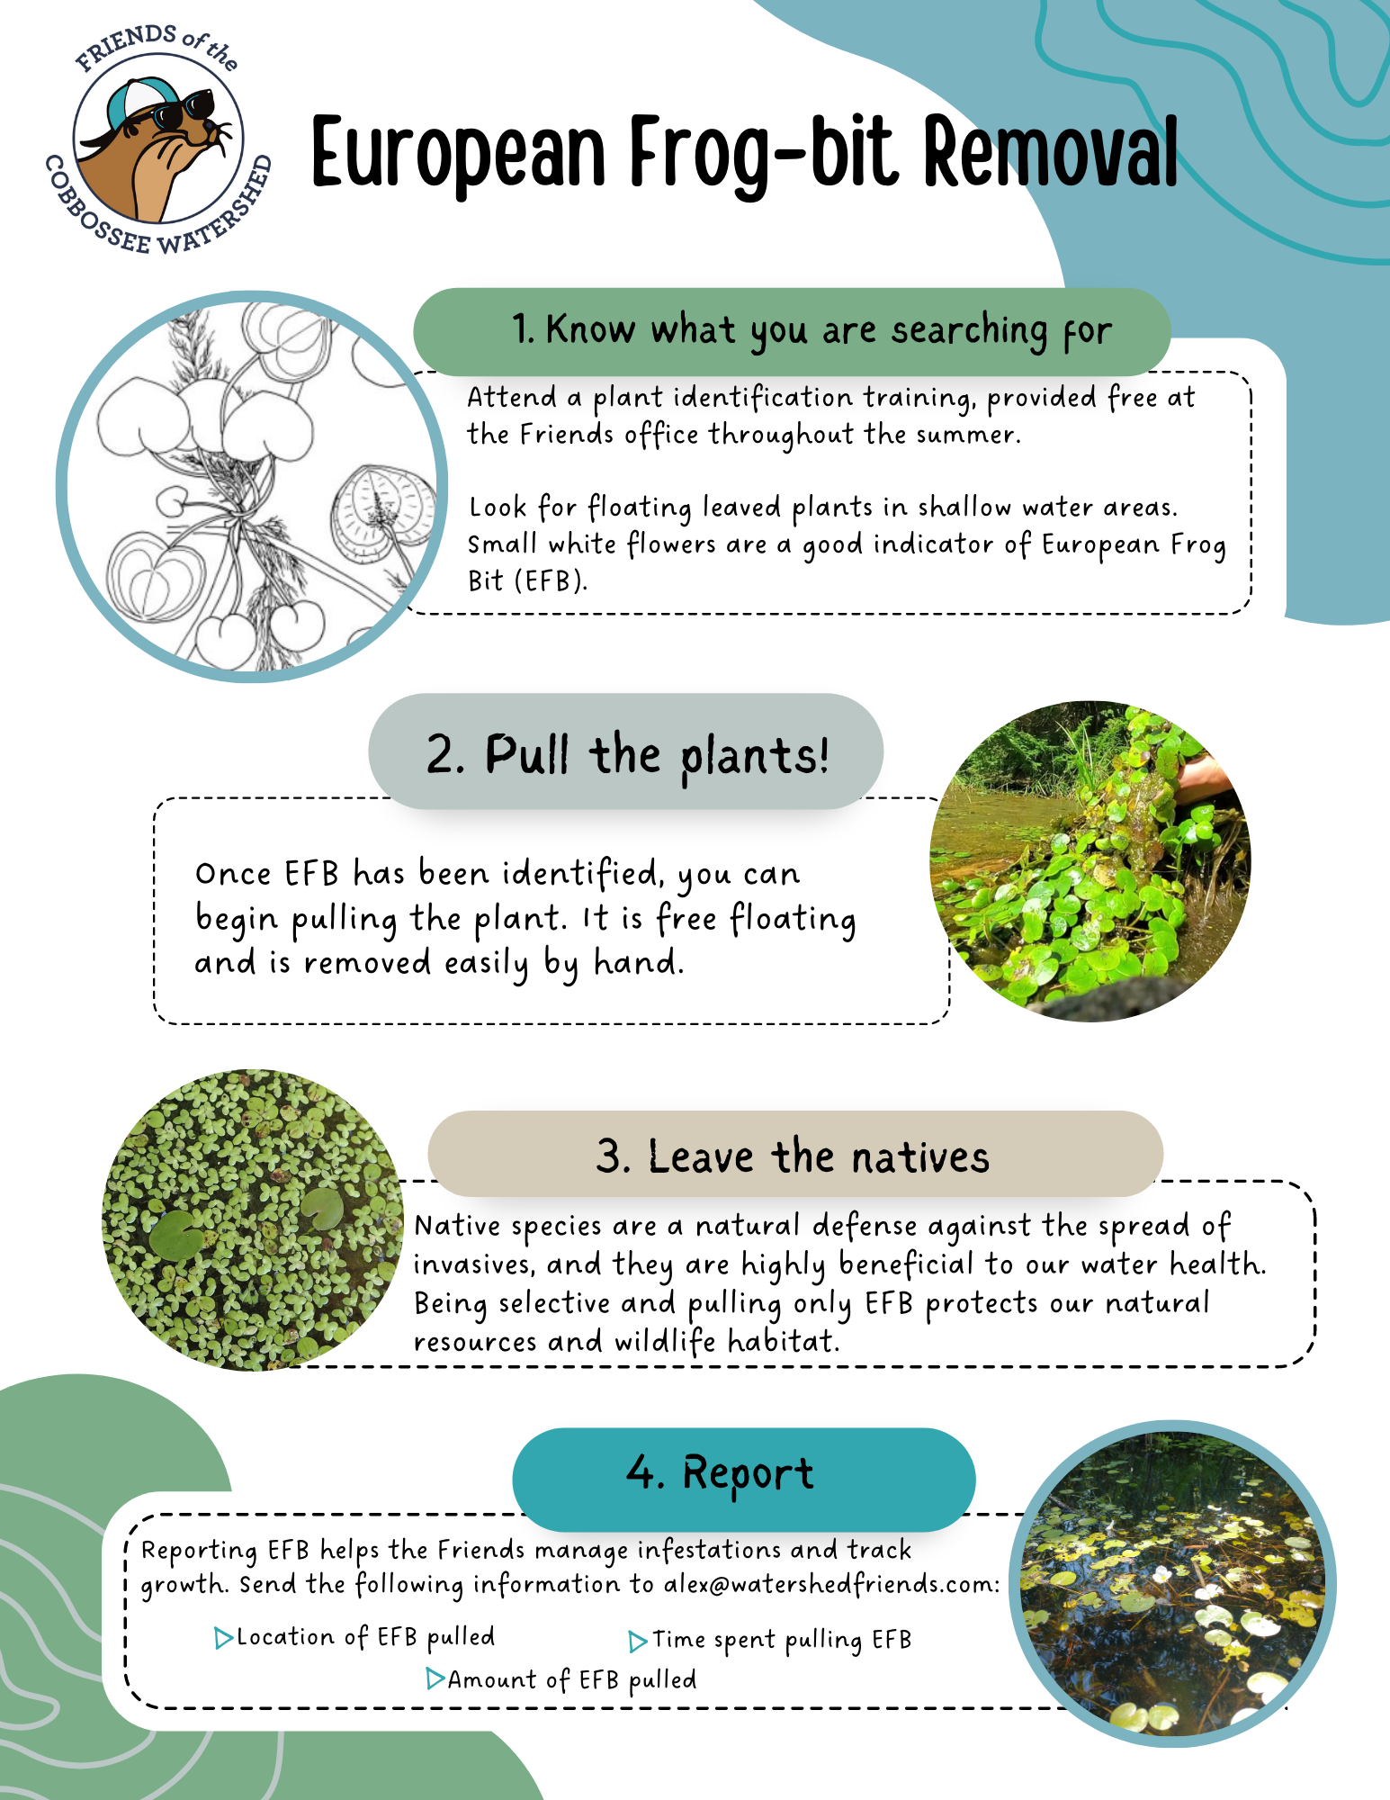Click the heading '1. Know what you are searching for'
click(792, 331)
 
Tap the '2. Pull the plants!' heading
click(626, 752)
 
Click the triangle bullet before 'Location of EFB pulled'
click(223, 1638)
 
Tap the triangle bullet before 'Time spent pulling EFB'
click(637, 1642)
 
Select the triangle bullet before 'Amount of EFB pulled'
click(435, 1679)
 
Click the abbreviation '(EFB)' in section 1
click(551, 581)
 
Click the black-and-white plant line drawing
click(252, 486)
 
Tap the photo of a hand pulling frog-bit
click(1090, 861)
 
